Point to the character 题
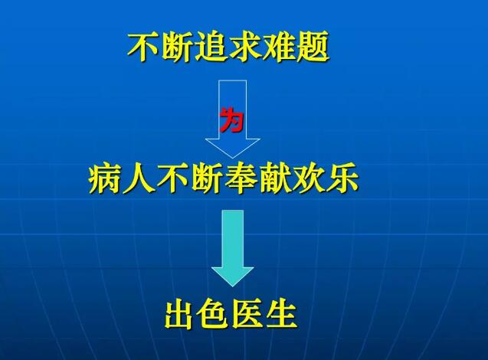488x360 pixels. click(313, 47)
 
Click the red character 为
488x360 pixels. click(231, 119)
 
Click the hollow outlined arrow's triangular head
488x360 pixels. click(232, 148)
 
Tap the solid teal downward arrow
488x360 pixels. click(232, 248)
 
